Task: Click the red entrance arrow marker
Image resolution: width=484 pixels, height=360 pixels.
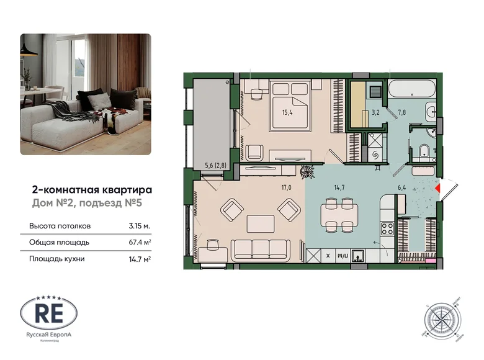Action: click(438, 186)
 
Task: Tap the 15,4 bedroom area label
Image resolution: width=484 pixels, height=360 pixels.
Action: click(286, 112)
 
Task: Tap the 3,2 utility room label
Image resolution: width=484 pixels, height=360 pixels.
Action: click(375, 114)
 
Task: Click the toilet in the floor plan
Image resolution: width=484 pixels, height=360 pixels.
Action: click(424, 150)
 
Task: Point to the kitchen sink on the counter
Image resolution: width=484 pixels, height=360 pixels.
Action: click(358, 254)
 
